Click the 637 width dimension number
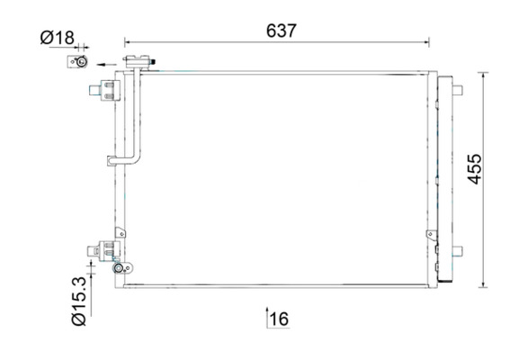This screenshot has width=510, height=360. pos(282,31)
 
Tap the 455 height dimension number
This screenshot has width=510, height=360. pos(474,169)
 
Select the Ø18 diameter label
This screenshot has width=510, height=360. pos(58,38)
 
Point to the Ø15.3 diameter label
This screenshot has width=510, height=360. pos(79,301)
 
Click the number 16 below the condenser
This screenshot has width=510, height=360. pos(279,319)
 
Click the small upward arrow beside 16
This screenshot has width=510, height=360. pos(267,317)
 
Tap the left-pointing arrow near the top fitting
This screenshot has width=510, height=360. pos(107,65)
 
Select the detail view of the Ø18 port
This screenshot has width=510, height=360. pos(77,61)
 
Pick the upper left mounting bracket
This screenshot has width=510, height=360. pos(105,89)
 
